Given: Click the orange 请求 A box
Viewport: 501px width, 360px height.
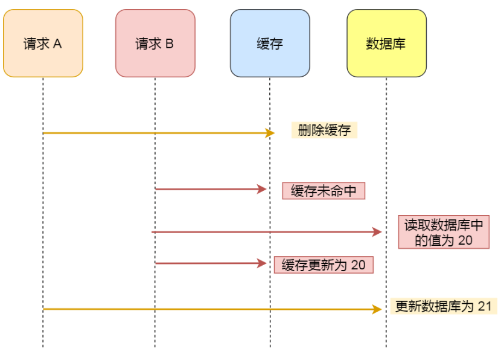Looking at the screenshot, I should [43, 43].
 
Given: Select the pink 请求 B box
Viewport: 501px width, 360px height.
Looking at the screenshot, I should [155, 43].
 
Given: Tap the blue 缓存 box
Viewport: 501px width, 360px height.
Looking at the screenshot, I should [270, 43].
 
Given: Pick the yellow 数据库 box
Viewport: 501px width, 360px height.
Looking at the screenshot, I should [386, 43].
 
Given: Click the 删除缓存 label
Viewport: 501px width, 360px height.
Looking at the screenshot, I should [324, 130].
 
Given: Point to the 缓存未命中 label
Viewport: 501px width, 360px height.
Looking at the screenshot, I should [324, 191].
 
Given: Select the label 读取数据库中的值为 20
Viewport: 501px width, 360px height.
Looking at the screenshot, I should [444, 232].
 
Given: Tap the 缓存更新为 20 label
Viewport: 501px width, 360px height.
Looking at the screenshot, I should [324, 265].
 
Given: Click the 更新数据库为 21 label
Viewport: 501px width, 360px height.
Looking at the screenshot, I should [443, 306].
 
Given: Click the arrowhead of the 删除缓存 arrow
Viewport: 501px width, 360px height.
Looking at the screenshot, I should [270, 133].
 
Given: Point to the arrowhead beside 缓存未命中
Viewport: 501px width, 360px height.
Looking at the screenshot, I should [263, 189].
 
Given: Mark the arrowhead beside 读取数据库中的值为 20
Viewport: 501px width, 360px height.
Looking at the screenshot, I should [378, 232].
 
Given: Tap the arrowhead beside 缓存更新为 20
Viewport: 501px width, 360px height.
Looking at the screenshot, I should [263, 263].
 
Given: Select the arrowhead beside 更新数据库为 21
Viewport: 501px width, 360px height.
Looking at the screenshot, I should [378, 309].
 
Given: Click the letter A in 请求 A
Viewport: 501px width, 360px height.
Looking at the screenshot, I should [58, 43].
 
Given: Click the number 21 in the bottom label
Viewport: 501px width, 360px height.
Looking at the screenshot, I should [485, 306].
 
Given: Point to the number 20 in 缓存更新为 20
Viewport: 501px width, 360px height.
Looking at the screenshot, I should [358, 265].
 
